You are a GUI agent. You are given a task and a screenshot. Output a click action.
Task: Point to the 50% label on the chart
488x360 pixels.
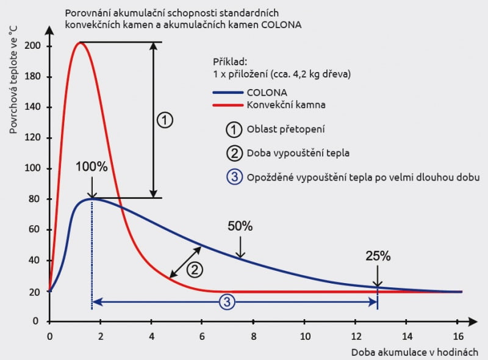(240, 226)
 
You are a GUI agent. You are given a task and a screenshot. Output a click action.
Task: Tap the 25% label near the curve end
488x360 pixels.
(378, 256)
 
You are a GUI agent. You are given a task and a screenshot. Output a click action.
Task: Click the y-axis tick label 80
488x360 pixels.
(34, 199)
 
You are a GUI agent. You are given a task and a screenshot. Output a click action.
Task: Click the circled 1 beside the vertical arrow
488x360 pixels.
(165, 120)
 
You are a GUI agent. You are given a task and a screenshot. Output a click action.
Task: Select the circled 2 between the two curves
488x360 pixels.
(195, 268)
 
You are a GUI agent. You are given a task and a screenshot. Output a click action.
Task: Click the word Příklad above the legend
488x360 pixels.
(231, 62)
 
